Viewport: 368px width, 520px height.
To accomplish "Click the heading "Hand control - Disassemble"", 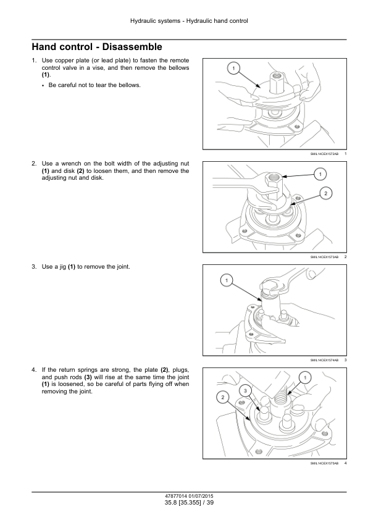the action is coord(97,47).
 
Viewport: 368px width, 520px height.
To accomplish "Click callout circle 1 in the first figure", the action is coord(233,69).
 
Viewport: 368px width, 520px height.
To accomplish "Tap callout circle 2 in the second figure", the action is coord(325,193).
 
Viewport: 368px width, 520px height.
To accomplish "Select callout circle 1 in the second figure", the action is coord(320,174).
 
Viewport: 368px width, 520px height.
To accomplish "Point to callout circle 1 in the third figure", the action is coord(227,280).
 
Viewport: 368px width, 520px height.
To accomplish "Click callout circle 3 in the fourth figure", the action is coord(245,391).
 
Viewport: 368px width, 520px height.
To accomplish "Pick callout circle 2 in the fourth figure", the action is coord(222,397).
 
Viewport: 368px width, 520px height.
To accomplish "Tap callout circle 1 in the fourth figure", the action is coord(305,377).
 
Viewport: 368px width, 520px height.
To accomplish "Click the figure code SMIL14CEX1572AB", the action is coord(324,154).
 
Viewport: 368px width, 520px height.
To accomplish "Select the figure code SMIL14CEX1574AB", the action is coord(324,360).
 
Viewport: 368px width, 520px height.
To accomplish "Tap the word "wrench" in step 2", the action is coord(71,164).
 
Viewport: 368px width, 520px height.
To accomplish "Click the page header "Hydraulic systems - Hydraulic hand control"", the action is coord(189,21).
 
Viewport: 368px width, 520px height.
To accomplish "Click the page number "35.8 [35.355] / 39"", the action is coord(189,503).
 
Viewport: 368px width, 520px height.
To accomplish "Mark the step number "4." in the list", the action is coord(34,370).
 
